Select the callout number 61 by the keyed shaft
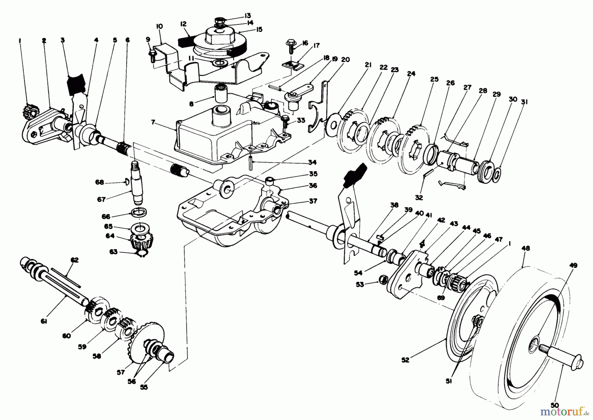(x=44, y=321)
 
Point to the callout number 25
(x=434, y=79)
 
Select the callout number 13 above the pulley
(x=248, y=15)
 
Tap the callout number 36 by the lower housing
(x=313, y=186)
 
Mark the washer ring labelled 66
(x=140, y=212)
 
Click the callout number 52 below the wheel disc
(x=405, y=360)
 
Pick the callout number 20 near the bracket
(x=345, y=60)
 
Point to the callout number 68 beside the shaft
(x=99, y=182)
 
